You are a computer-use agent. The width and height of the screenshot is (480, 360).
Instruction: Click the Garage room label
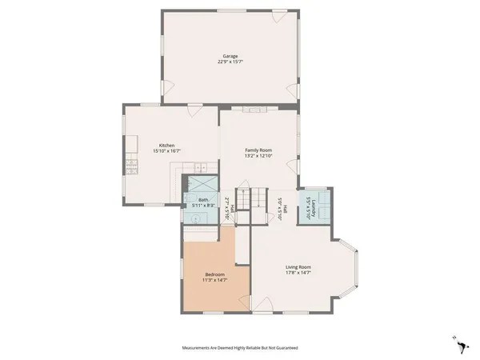click(230, 56)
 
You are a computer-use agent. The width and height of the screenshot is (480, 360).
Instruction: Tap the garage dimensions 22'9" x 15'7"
click(230, 62)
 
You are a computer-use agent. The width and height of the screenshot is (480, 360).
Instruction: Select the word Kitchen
click(166, 145)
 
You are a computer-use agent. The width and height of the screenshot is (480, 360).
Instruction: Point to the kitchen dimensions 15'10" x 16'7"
click(166, 150)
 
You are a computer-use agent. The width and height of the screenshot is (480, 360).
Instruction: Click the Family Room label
click(258, 150)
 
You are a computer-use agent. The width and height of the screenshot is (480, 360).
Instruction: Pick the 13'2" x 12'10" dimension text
click(258, 155)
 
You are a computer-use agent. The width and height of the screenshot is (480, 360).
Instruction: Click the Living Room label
click(298, 267)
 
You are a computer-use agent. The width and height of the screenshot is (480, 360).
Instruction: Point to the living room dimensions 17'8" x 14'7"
click(298, 273)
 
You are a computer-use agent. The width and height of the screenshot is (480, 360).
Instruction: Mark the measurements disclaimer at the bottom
click(239, 349)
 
